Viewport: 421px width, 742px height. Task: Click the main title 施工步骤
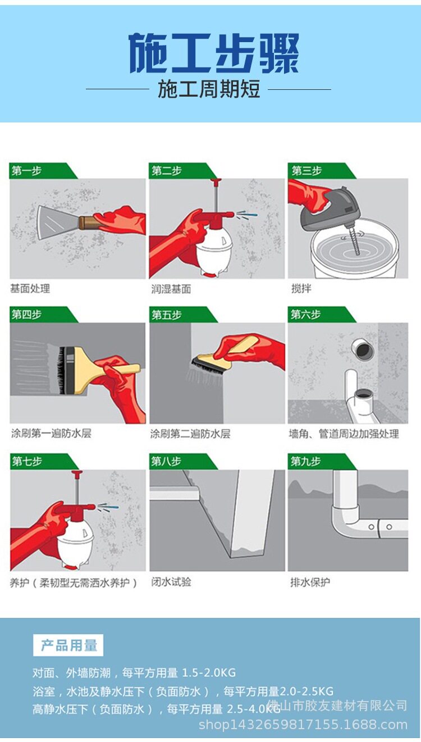pos(214,53)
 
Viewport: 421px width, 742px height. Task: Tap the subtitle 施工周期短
pos(209,89)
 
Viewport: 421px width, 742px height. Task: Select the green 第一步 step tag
pos(43,171)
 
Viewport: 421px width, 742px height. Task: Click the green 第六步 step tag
pos(322,315)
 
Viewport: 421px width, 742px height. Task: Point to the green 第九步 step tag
pos(322,461)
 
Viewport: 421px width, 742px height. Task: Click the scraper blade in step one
pos(58,222)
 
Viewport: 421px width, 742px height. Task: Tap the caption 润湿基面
pos(171,289)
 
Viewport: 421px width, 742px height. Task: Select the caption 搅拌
pos(301,289)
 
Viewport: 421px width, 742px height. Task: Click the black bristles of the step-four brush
pos(62,370)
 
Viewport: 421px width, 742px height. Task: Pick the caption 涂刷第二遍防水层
pos(190,434)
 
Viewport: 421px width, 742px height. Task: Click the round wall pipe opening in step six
pos(362,348)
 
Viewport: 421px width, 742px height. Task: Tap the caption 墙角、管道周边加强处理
pos(344,434)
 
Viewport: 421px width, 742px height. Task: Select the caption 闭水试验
pos(171,582)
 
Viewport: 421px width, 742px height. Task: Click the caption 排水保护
pos(310,582)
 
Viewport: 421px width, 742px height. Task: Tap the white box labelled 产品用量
pos(68,645)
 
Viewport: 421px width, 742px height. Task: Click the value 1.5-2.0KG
pos(209,673)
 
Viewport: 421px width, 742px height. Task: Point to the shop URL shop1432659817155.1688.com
pos(303,725)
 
